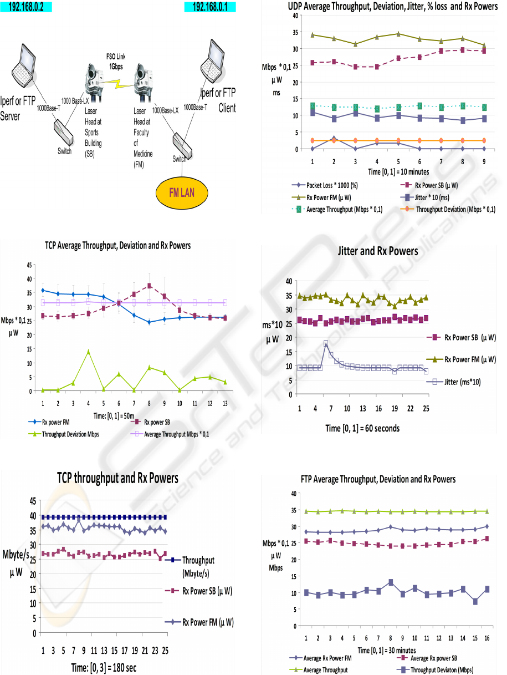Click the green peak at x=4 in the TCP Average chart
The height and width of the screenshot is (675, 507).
click(88, 351)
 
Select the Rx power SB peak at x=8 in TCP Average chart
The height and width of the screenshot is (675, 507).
click(149, 286)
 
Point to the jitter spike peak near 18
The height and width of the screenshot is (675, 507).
click(326, 343)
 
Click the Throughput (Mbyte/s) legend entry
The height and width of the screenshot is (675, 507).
click(197, 565)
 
